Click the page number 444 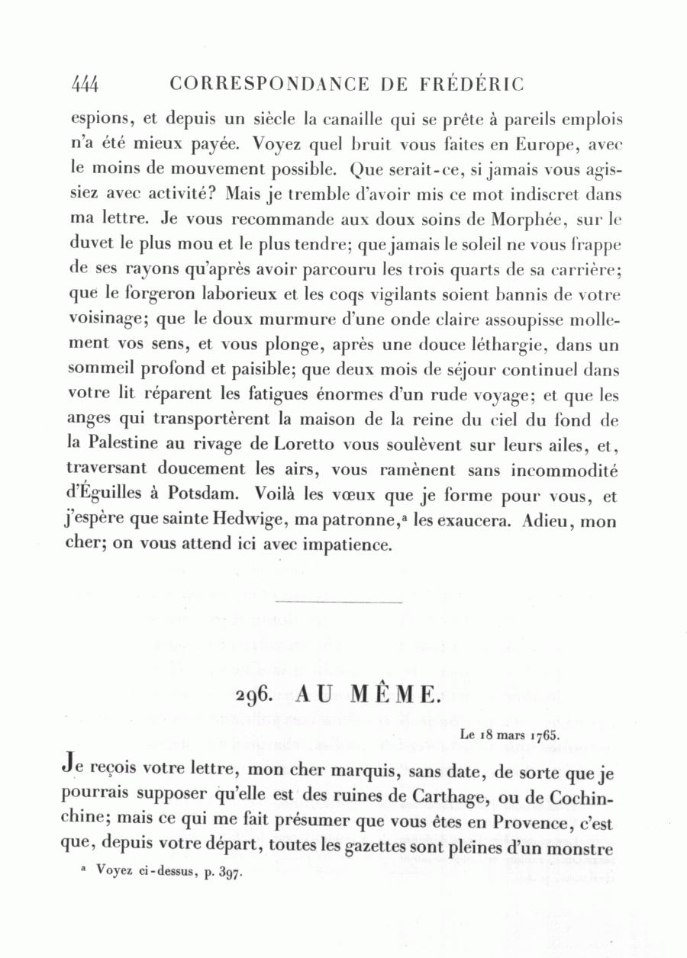point(85,84)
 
